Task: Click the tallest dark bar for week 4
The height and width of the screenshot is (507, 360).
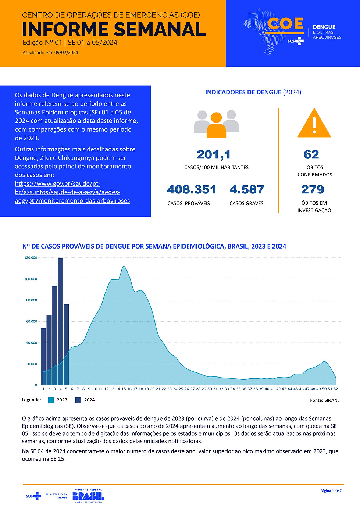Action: point(61,322)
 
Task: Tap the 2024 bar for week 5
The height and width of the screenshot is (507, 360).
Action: point(66,344)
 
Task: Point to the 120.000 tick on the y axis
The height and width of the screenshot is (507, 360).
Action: point(31,258)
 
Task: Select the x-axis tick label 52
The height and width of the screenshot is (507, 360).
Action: point(336,389)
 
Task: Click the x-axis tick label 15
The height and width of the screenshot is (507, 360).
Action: point(124,389)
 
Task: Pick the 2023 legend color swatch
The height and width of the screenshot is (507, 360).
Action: point(51,400)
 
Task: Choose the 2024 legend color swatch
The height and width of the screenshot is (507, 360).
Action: point(78,400)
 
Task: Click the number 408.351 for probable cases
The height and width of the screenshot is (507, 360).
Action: point(192,190)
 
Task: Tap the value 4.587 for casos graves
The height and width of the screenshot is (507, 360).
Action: point(247,190)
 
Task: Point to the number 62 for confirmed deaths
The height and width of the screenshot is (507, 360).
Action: point(311,155)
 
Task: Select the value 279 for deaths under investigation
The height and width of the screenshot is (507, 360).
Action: point(313,190)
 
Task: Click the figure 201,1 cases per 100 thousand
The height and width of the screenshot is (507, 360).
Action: point(214,155)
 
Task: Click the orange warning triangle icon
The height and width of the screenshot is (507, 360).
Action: point(314,124)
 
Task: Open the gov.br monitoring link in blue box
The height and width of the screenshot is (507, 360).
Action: point(72,192)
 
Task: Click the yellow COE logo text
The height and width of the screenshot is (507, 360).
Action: point(286,24)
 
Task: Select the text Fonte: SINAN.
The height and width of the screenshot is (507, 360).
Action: point(324,400)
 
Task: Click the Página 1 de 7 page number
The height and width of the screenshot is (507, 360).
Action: point(331,491)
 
